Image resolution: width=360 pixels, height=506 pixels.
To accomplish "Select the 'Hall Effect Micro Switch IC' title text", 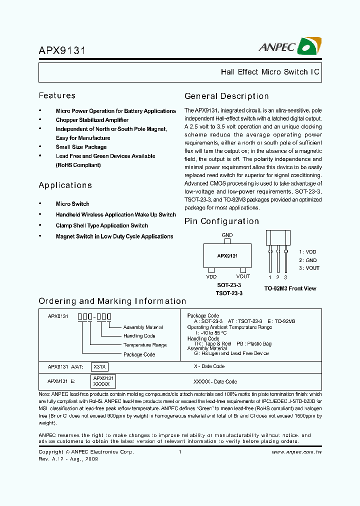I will pos(270,72).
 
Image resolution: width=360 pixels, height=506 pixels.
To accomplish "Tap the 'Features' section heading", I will pos(57,95).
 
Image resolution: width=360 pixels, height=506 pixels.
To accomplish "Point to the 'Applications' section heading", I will pos(65,185).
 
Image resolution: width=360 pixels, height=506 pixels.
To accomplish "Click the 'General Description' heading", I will pos(226,96).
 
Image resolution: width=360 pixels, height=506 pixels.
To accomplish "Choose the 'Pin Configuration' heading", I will pos(221,221).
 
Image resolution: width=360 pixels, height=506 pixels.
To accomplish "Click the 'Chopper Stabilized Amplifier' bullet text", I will pos(92,120).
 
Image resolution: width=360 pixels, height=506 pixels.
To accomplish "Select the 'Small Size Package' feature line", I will pos(81,147).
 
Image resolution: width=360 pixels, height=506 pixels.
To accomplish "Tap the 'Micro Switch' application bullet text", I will pos(72,204).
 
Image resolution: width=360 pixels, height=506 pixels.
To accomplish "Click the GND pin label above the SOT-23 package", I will pos(227,235).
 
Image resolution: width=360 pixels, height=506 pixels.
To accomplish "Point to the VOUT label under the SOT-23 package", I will pos(243,276).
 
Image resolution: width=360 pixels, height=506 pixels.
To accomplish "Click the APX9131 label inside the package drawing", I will pos(227,255).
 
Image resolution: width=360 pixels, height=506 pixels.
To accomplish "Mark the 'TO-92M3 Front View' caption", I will pos(290,288).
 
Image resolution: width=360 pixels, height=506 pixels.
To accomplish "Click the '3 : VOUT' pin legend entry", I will pos(309,268).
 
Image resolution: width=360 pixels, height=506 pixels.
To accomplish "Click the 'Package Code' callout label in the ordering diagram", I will pos(139,354).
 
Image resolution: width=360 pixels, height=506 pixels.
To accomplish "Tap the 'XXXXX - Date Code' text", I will pos(215,381).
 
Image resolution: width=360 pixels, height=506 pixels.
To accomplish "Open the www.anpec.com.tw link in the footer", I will pos(296,452).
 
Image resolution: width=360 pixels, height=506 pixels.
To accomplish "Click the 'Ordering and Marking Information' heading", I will pos(112,301).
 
